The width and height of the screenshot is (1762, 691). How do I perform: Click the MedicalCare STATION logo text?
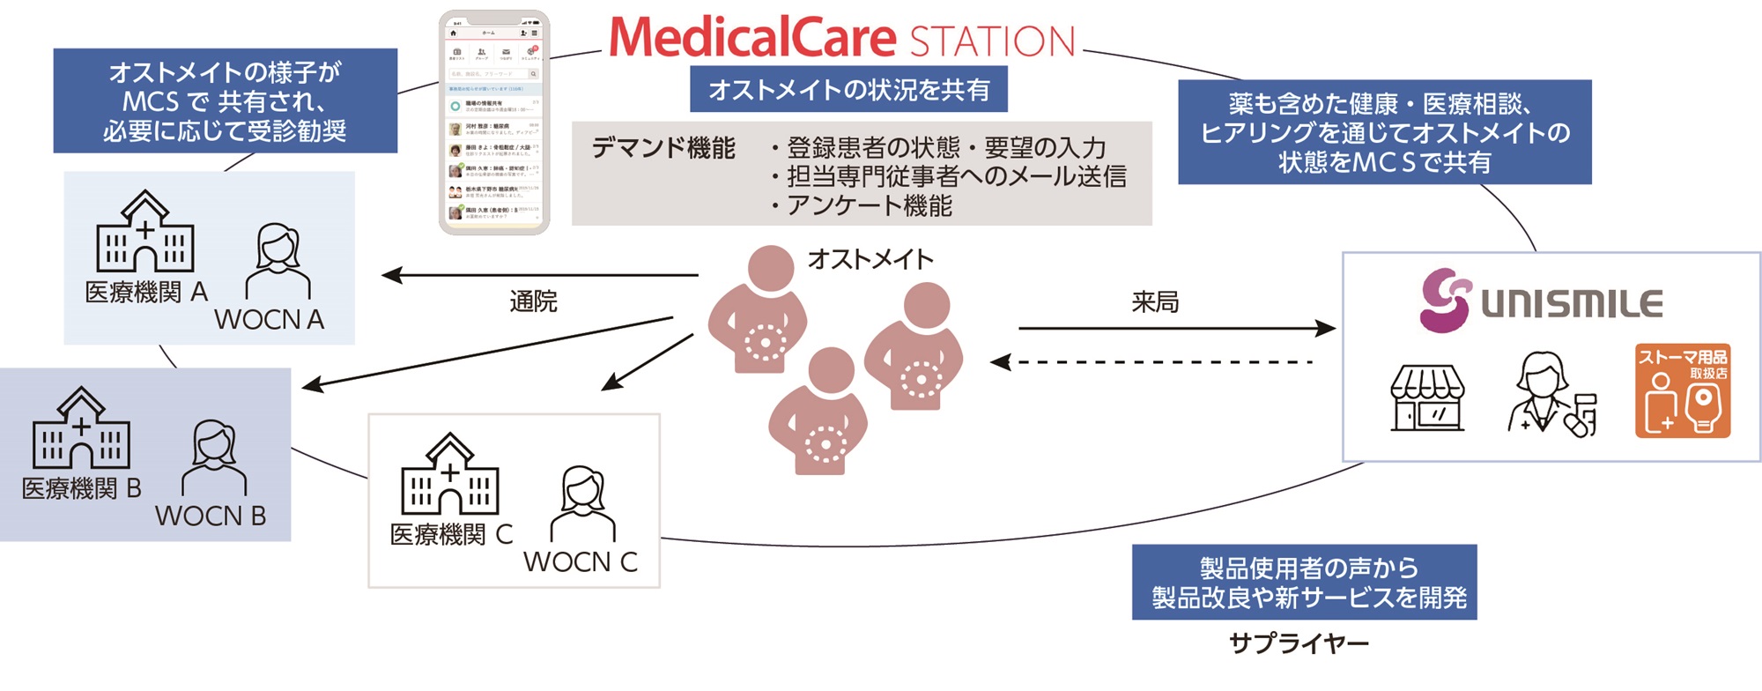841,39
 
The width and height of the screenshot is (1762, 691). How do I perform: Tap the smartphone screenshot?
494,123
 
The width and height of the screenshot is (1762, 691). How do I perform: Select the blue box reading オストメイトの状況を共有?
848,89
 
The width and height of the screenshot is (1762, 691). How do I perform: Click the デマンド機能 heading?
663,148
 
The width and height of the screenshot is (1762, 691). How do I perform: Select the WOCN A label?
269,319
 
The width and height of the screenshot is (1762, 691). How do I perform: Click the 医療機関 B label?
81,488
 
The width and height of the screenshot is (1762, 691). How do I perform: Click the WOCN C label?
580,561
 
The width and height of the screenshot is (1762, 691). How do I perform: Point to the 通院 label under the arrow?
533,301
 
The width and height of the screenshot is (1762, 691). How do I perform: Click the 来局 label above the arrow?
1154,302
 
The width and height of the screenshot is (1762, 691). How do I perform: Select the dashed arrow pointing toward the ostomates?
1154,362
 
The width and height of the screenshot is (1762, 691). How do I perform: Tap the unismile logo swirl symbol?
1445,301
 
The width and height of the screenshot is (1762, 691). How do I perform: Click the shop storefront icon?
1427,398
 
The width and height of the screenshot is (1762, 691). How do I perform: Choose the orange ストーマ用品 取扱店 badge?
1683,391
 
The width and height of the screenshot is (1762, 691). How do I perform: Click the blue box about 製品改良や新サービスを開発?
1304,583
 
